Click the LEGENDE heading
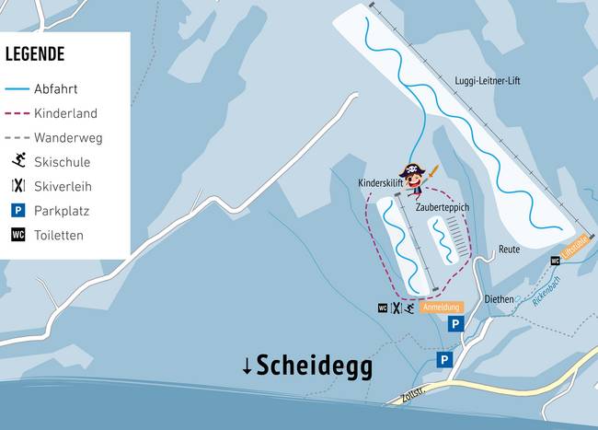click(35, 54)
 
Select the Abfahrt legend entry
click(54, 89)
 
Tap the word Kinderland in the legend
click(65, 113)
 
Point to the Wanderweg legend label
click(68, 138)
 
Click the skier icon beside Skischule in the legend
click(17, 162)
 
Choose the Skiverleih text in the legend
click(63, 186)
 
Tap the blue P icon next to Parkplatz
click(17, 211)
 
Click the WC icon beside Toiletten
click(17, 235)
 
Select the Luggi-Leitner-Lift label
click(488, 81)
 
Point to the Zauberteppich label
click(443, 208)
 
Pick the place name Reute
click(509, 250)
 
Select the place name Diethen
click(499, 299)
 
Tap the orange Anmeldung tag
click(441, 307)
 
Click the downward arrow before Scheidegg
click(247, 366)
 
